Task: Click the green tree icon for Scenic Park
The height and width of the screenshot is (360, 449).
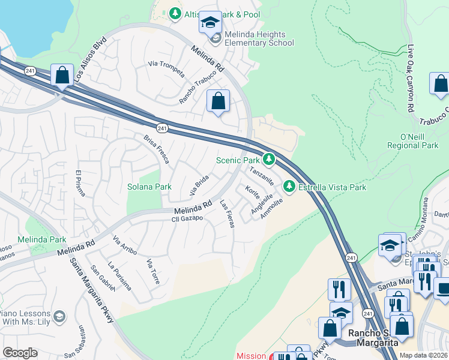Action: tap(270, 160)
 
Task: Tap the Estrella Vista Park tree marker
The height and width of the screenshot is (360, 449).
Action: tap(289, 187)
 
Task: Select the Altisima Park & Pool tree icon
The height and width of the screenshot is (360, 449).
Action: tap(175, 13)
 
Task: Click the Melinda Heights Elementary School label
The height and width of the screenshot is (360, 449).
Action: tap(256, 39)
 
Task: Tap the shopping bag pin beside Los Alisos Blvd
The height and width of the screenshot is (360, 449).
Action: tap(62, 76)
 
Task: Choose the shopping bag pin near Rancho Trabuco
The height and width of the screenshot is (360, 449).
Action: tap(218, 101)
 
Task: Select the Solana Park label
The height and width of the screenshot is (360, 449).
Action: tap(149, 187)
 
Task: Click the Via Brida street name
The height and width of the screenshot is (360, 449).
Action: tap(199, 185)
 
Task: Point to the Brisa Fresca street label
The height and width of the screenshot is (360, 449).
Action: tap(156, 149)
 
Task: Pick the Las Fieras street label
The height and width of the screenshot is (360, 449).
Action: tap(227, 213)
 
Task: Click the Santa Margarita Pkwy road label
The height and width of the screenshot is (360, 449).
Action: tap(92, 291)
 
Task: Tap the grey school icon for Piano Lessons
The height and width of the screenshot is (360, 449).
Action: tap(59, 316)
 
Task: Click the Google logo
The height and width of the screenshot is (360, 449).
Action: tap(20, 353)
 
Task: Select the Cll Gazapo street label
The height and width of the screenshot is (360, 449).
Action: tap(188, 218)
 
